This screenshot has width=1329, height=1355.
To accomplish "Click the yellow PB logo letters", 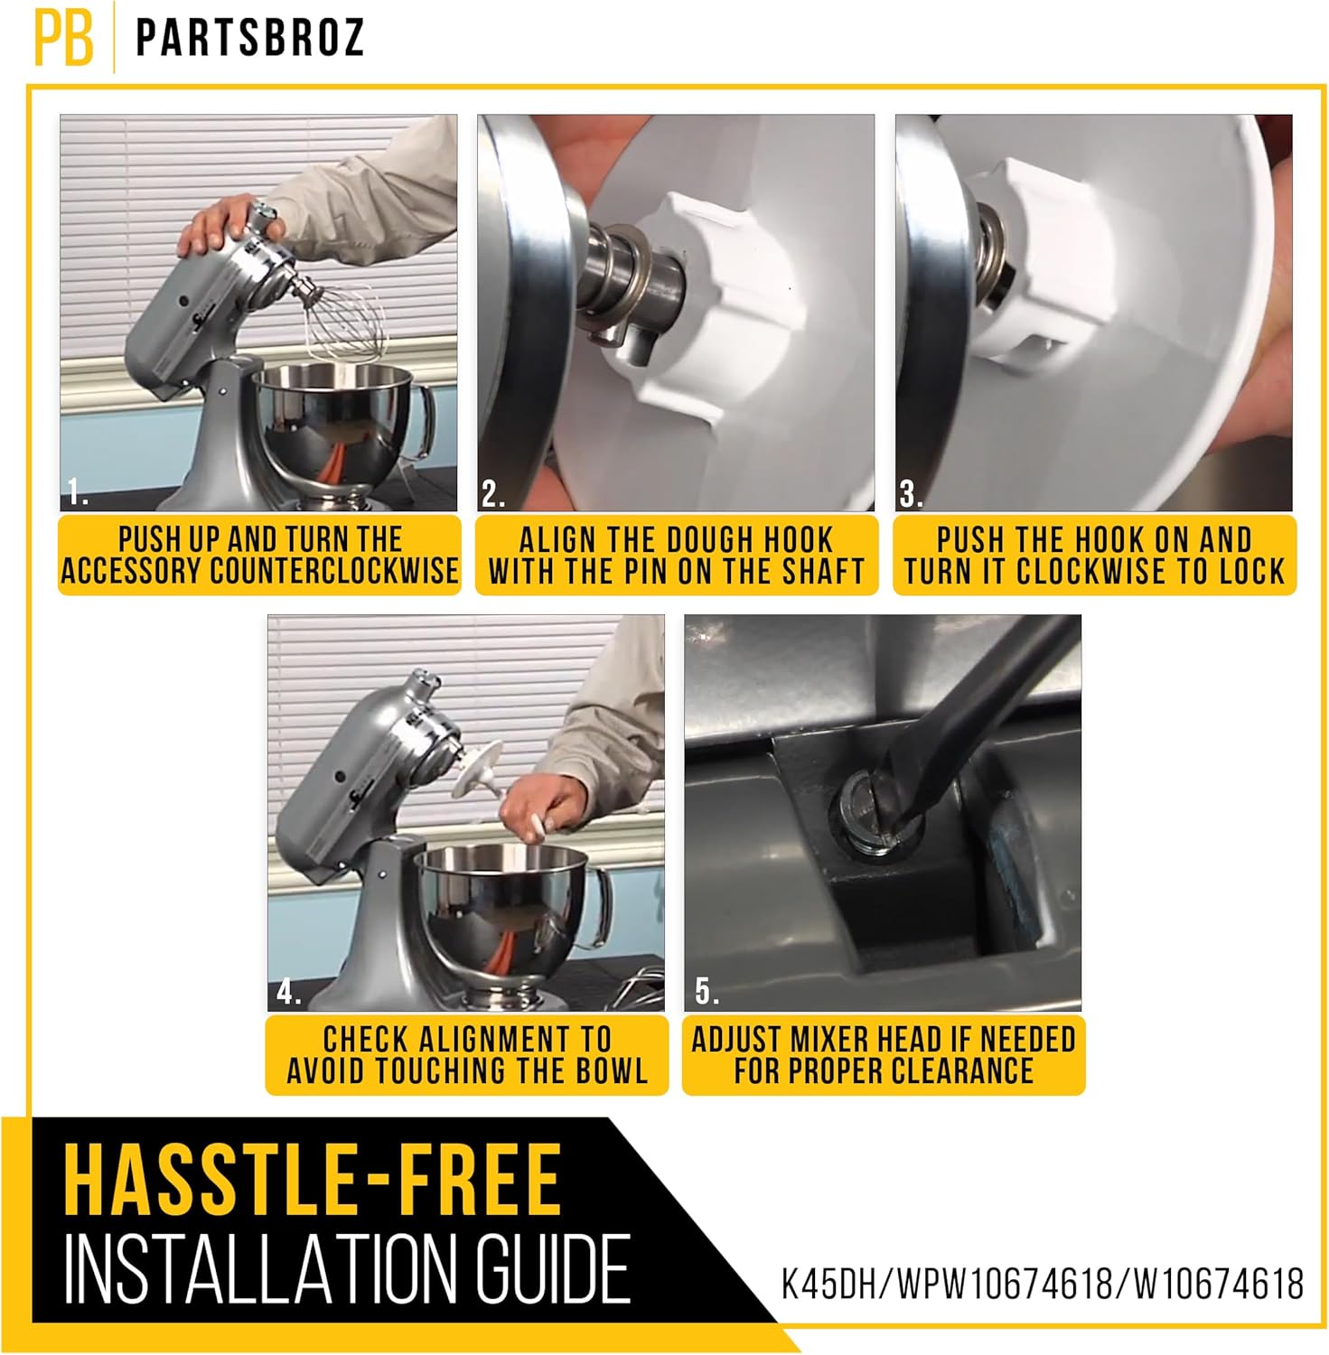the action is (x=63, y=37).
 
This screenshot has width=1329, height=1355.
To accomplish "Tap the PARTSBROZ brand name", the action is (x=250, y=38).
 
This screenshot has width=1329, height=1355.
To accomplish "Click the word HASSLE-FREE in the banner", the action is (x=312, y=1180).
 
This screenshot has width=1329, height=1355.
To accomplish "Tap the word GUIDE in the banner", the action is (x=553, y=1268).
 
